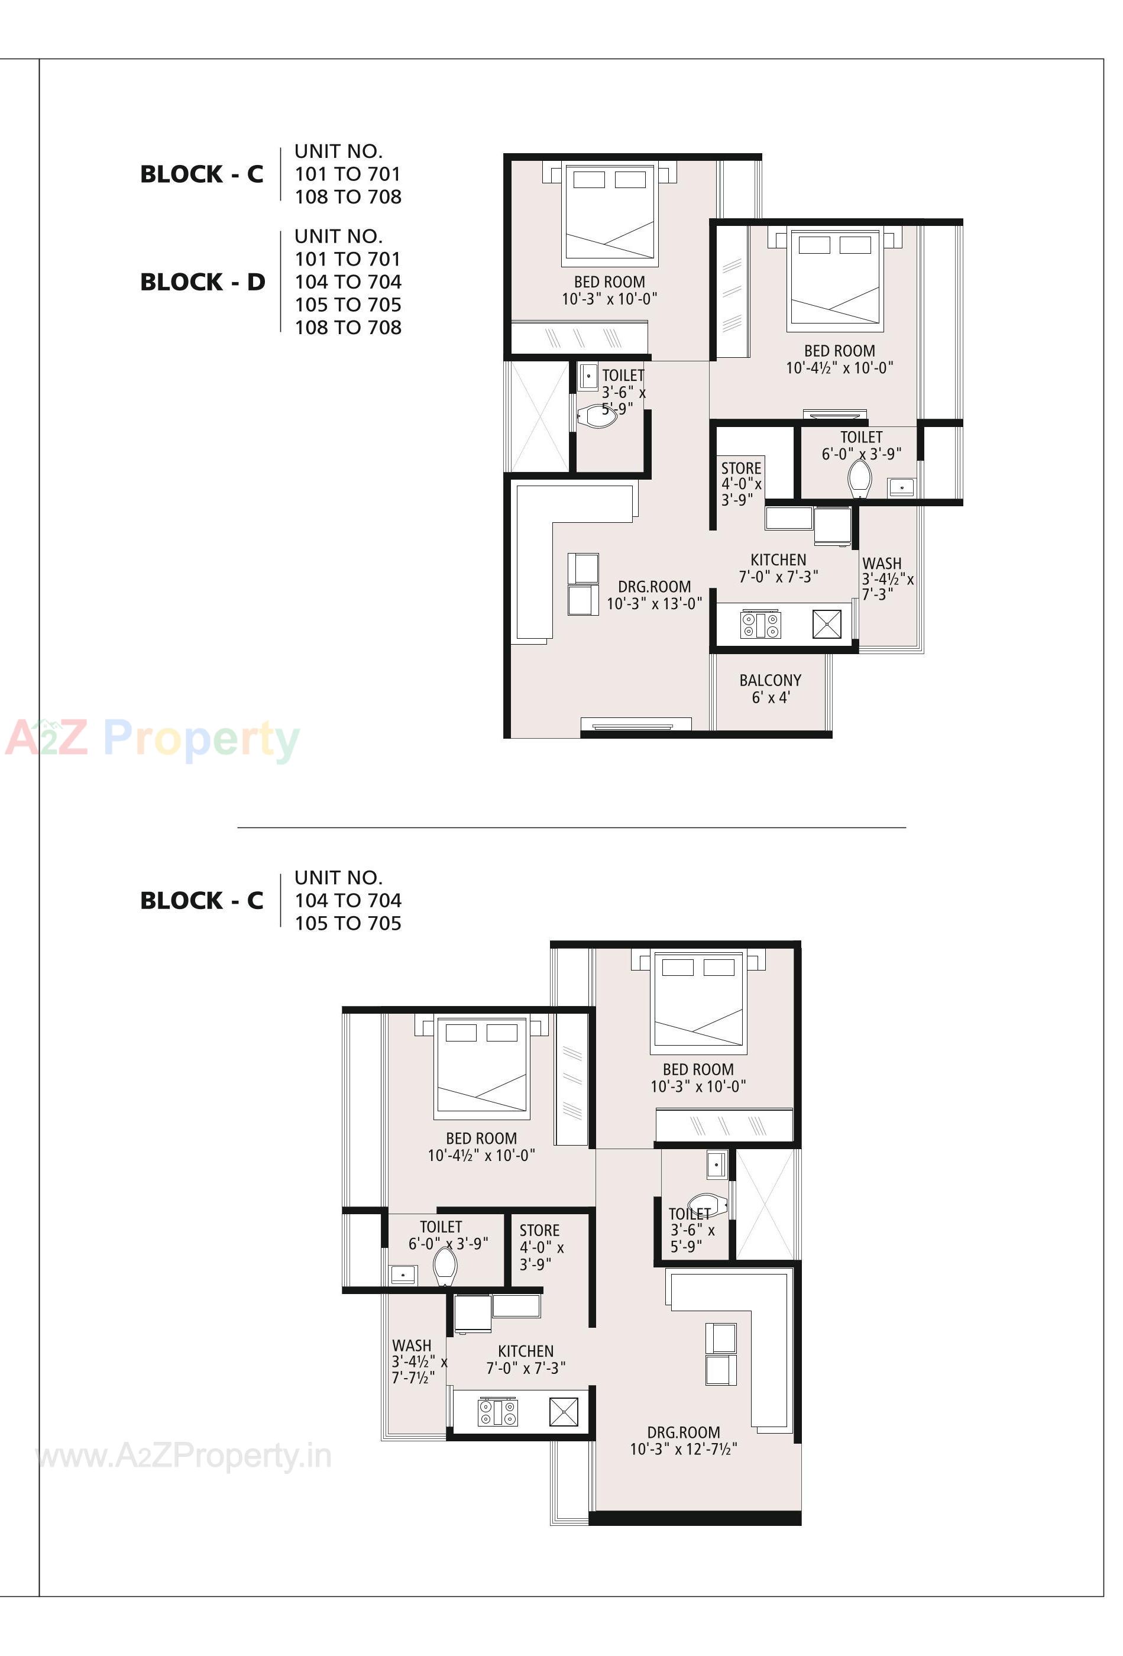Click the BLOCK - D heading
(202, 282)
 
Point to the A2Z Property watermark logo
(153, 738)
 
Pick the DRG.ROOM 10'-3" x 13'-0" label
(653, 595)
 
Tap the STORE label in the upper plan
(741, 483)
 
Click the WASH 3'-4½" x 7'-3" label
(887, 578)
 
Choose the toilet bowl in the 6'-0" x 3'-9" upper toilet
(860, 478)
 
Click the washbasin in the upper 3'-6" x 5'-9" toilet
(588, 376)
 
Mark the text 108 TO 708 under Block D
(348, 328)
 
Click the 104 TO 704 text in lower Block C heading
(348, 901)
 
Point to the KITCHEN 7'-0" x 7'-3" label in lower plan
(526, 1359)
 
